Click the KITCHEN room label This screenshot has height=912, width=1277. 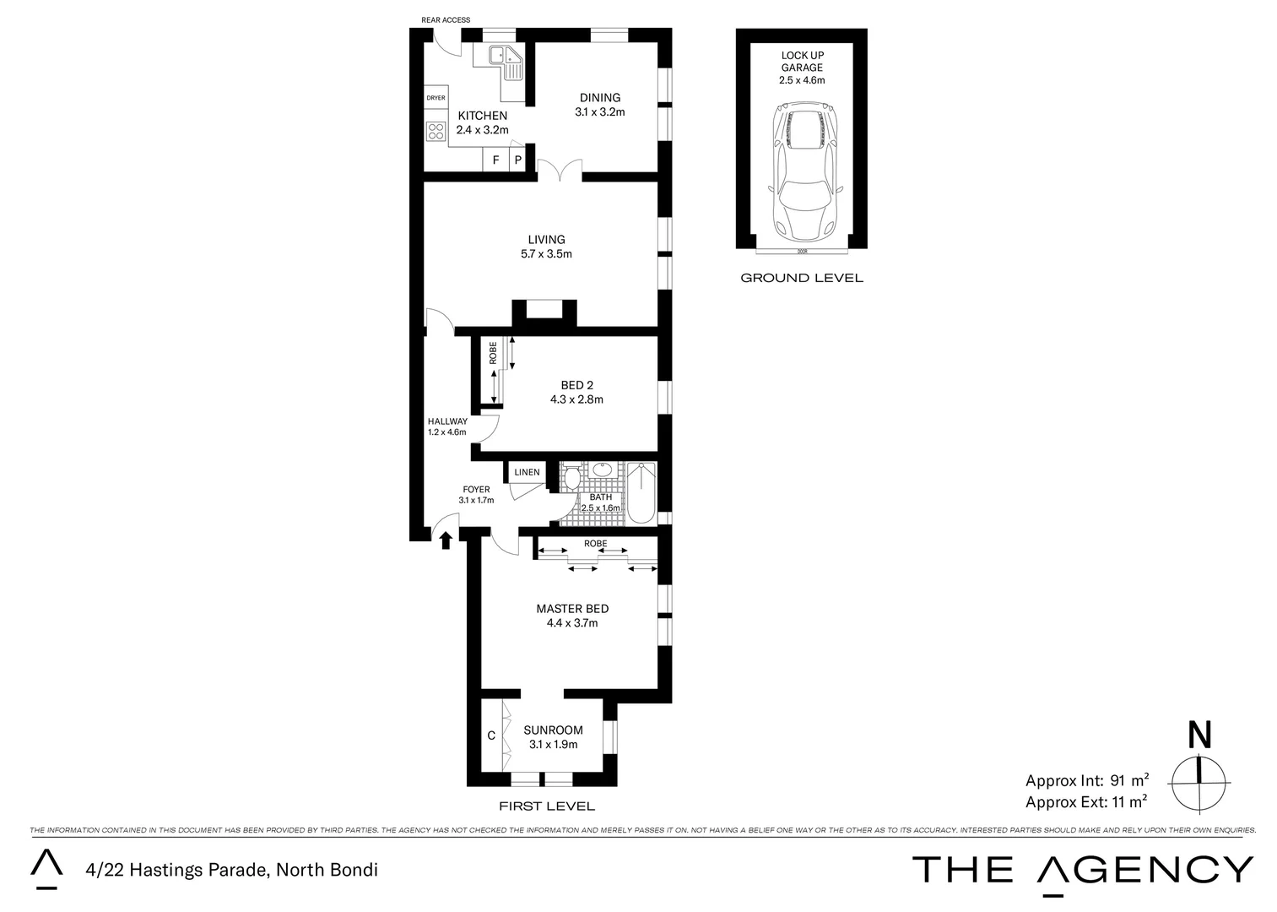[x=482, y=116]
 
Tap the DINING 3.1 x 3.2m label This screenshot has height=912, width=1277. [x=599, y=105]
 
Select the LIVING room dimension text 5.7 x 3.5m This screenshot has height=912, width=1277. [x=546, y=254]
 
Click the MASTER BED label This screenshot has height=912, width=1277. [x=571, y=609]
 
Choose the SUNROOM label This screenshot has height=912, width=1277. [x=553, y=730]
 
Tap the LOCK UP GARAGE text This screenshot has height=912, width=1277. [x=801, y=62]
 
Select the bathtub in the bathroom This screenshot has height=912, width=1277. [x=641, y=491]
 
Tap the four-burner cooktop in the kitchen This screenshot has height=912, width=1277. [x=436, y=131]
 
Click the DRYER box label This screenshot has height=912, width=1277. [x=436, y=98]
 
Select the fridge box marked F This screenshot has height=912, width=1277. [x=495, y=160]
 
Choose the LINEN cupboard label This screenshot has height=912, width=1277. [x=527, y=472]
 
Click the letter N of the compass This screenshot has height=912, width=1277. [x=1199, y=735]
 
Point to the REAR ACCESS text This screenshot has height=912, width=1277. [x=446, y=20]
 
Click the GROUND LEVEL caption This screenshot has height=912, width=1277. [x=801, y=278]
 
